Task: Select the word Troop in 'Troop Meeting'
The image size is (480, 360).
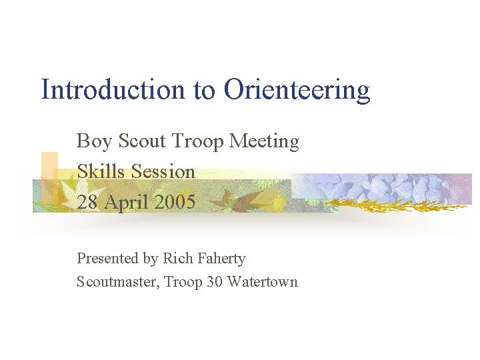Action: click(197, 142)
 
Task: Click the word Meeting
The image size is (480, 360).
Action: click(264, 142)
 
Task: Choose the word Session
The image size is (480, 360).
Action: click(163, 171)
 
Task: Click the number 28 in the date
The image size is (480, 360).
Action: click(87, 202)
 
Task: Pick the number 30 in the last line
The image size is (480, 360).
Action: click(214, 282)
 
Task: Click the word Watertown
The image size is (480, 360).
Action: click(262, 282)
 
